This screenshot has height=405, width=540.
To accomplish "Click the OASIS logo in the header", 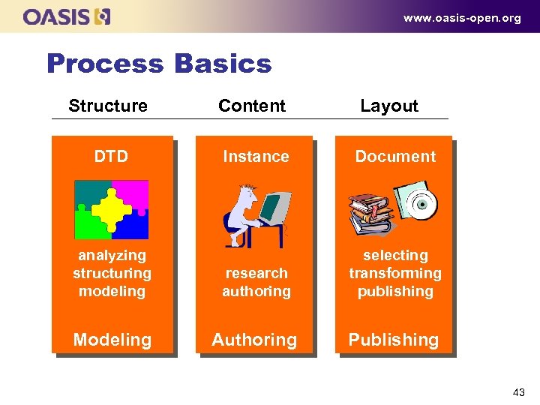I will tap(67, 16).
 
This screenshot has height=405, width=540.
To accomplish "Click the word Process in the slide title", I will tap(104, 64).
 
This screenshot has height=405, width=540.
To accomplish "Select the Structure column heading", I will tap(108, 106).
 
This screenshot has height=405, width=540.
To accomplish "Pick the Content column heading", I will tap(251, 106).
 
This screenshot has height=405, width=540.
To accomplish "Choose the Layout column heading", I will tap(388, 106).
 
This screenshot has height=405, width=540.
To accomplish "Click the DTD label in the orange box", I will tap(111, 157).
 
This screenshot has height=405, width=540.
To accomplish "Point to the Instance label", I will tap(256, 157).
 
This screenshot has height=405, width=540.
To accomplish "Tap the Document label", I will tap(394, 157).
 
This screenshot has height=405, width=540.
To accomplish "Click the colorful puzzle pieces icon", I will tap(112, 209).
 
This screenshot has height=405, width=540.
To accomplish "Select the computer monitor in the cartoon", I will tap(275, 210).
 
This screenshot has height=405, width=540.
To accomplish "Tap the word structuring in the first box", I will tap(112, 273).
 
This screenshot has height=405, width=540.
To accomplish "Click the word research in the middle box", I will tap(256, 273).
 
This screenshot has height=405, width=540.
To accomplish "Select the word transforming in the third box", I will tap(394, 273).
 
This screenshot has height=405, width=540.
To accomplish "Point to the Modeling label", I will tap(112, 340).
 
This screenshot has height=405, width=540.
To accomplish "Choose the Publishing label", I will tap(393, 340).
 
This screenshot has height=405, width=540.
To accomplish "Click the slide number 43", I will tap(518, 391).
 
